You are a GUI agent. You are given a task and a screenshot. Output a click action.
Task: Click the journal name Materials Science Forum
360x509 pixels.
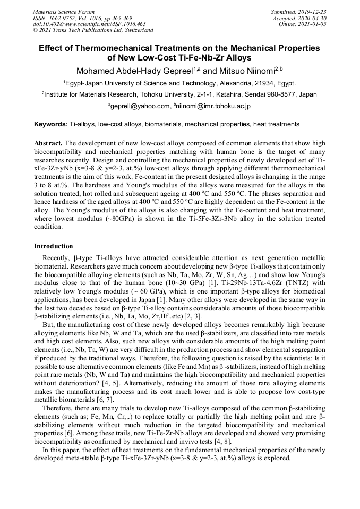[x=64, y=11]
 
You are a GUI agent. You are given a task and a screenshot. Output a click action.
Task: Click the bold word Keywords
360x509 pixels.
[x=50, y=124]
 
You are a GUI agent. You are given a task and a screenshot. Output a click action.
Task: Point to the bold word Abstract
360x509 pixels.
[x=48, y=144]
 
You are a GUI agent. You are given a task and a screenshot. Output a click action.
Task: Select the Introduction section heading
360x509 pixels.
[x=54, y=246]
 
